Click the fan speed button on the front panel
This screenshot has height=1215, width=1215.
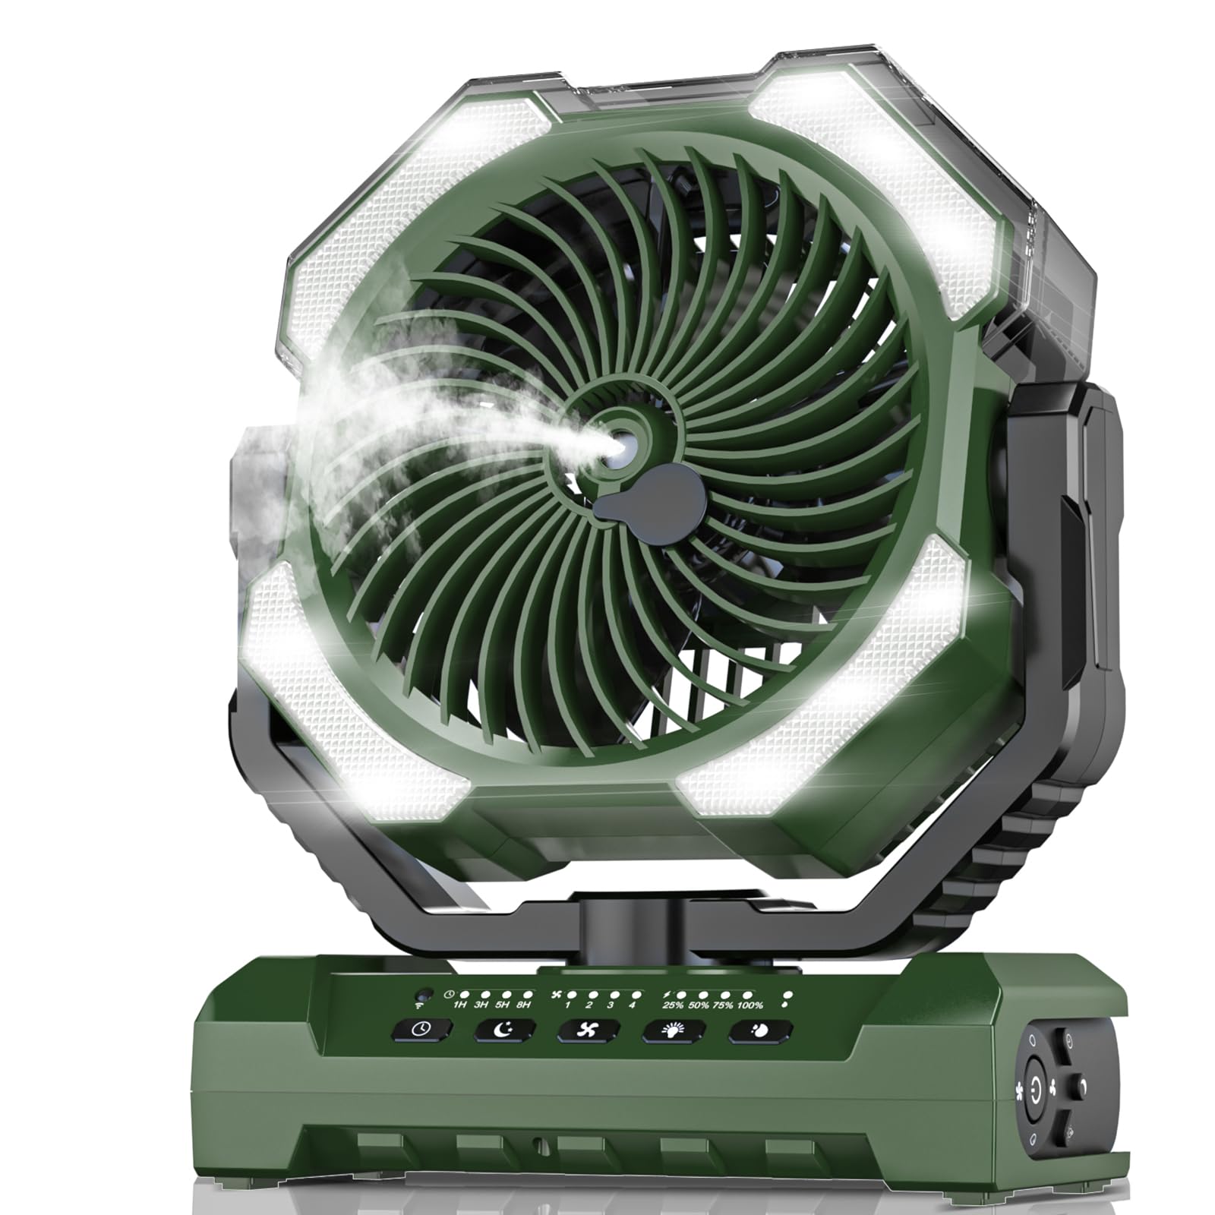point(590,1030)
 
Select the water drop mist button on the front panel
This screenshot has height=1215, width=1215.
point(761,1030)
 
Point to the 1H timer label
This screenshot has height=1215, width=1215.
point(460,1005)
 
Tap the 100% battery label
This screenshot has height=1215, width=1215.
point(750,1005)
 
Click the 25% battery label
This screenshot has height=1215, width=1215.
point(671,1005)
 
